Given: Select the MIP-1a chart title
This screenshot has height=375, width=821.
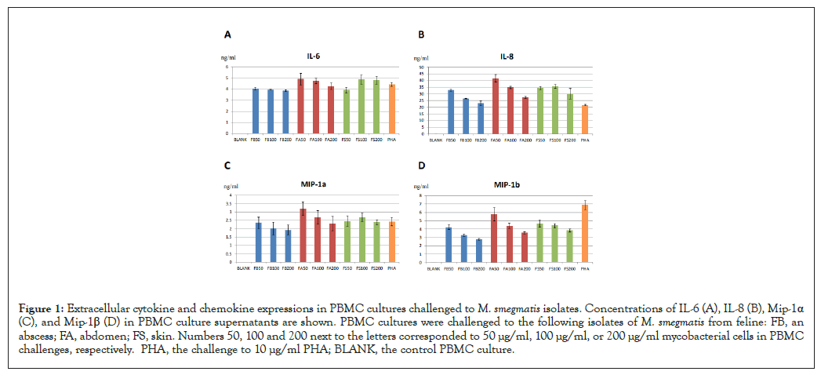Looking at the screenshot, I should coord(312,186).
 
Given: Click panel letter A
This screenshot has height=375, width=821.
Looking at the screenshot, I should coord(227,35).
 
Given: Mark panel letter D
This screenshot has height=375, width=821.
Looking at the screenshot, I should coord(422,166).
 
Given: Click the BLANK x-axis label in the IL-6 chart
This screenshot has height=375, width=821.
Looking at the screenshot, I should coord(241,140).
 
